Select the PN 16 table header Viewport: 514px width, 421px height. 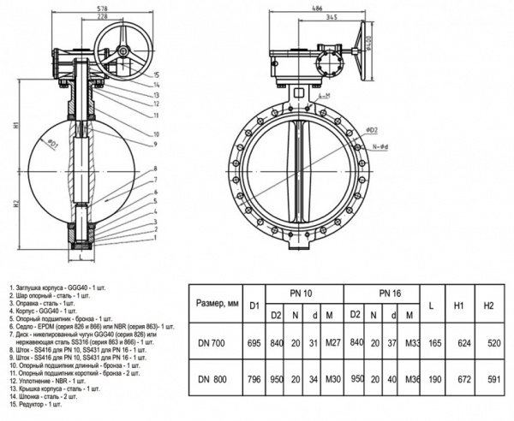[x=391, y=294]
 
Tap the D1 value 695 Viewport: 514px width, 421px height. [x=254, y=341]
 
